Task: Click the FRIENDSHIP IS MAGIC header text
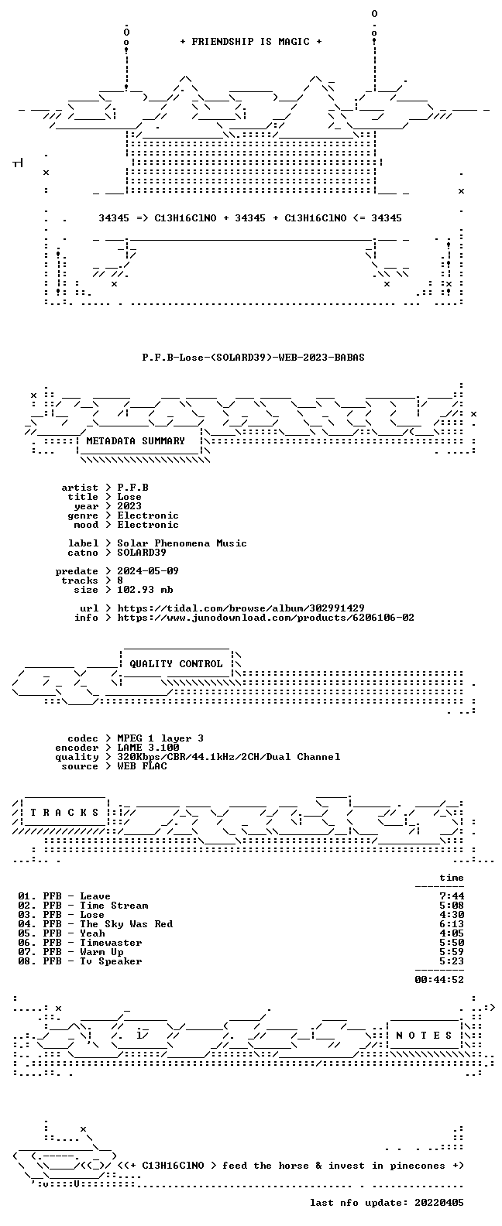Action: [251, 42]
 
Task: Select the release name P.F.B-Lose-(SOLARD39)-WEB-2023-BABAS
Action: [253, 358]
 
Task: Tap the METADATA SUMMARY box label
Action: [136, 440]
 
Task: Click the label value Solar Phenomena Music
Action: [182, 543]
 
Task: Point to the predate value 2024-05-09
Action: [148, 571]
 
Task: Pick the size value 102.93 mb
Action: [145, 590]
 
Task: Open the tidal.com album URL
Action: [241, 608]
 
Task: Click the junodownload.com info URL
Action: [266, 618]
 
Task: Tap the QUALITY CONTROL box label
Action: [176, 664]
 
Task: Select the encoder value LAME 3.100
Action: [148, 748]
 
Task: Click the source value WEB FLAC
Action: [142, 766]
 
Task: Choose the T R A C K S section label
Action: [64, 813]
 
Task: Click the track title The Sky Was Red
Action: [126, 924]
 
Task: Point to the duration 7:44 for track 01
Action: [452, 896]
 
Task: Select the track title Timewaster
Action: [111, 943]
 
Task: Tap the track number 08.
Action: [26, 961]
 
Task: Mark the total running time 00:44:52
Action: [439, 980]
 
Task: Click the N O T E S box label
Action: [424, 1036]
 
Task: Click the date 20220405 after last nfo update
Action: [439, 1203]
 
